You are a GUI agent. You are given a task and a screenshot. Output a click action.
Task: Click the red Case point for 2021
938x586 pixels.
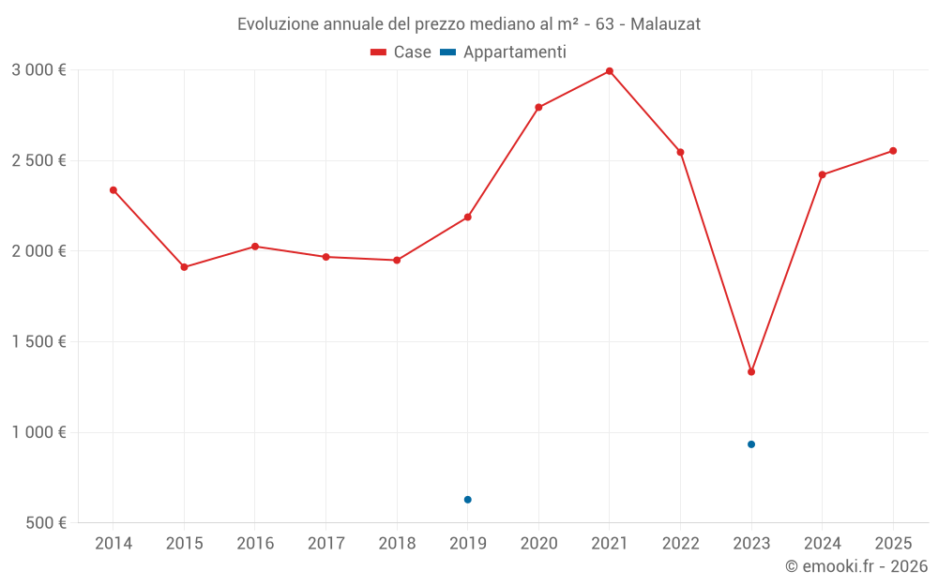[610, 71]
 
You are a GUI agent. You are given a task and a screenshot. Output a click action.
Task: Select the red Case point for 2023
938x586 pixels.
[751, 372]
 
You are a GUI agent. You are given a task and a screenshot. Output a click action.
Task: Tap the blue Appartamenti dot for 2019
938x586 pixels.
[467, 500]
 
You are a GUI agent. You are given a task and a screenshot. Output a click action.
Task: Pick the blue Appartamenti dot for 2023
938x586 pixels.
[751, 444]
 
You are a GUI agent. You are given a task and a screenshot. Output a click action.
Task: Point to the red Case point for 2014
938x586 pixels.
[113, 190]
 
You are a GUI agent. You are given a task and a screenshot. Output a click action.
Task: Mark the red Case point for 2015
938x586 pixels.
[184, 267]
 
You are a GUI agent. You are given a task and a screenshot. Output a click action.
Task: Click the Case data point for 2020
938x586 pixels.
[538, 107]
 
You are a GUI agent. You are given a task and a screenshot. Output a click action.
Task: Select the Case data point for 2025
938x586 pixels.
[893, 151]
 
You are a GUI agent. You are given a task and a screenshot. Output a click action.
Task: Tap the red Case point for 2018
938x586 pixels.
[397, 260]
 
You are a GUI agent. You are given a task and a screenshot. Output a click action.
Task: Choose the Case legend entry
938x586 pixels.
[401, 53]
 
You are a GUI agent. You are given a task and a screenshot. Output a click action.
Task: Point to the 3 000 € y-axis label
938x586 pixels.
[38, 70]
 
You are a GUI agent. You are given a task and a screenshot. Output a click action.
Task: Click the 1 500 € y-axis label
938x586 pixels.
[38, 342]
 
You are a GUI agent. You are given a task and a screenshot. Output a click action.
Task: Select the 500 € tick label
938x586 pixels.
[45, 523]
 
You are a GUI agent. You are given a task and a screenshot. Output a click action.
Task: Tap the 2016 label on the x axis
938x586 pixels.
[255, 544]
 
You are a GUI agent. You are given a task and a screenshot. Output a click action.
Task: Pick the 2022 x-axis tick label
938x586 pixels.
[680, 544]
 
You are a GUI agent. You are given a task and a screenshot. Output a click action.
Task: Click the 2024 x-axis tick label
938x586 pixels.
[823, 544]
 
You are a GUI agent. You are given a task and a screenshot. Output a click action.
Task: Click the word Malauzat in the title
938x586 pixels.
[665, 24]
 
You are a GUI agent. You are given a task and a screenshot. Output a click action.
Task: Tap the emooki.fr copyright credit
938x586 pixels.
[855, 566]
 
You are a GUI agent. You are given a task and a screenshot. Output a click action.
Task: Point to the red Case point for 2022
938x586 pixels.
[680, 152]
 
